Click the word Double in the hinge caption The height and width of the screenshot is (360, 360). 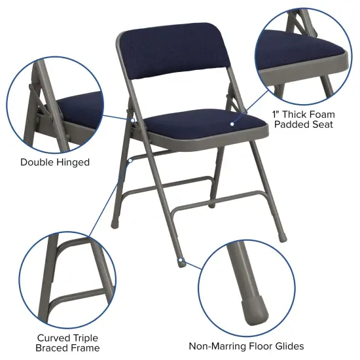tap(37, 162)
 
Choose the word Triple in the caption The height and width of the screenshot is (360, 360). tap(84, 338)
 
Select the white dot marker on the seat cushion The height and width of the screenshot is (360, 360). tap(232, 122)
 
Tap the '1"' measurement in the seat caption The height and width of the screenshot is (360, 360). tap(276, 113)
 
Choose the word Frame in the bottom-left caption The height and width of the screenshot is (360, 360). tap(85, 348)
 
